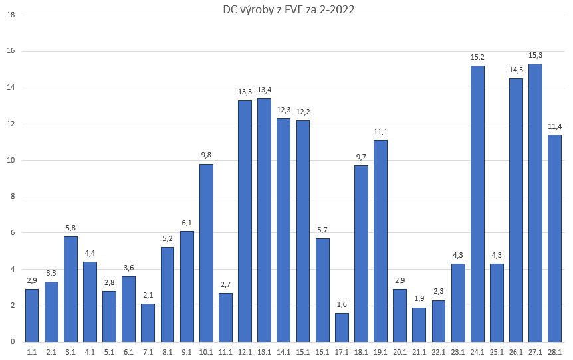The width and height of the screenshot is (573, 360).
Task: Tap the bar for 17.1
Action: [x=342, y=327]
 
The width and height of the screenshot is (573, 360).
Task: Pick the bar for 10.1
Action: [x=206, y=252]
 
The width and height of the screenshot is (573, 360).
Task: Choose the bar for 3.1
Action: [x=70, y=289]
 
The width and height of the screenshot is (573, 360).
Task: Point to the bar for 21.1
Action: [x=419, y=324]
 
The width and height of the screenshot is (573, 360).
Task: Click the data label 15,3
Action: [x=535, y=54]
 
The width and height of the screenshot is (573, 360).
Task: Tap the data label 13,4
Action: [x=265, y=89]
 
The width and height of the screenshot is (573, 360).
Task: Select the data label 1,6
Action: [x=342, y=304]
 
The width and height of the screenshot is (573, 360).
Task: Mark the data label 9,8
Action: [x=206, y=155]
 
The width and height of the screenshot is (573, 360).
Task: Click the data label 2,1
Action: [x=148, y=294]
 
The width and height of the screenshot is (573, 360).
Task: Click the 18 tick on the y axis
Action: [x=10, y=15]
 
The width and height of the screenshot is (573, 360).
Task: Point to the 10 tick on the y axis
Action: [x=10, y=160]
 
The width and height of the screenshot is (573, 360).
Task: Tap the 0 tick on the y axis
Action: [x=12, y=341]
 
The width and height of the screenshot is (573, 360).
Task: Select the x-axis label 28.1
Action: [x=555, y=352]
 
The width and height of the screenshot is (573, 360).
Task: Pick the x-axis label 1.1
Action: [x=32, y=352]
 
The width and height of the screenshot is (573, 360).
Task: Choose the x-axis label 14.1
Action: [x=284, y=352]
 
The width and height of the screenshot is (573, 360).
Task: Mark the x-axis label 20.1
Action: [x=400, y=352]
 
